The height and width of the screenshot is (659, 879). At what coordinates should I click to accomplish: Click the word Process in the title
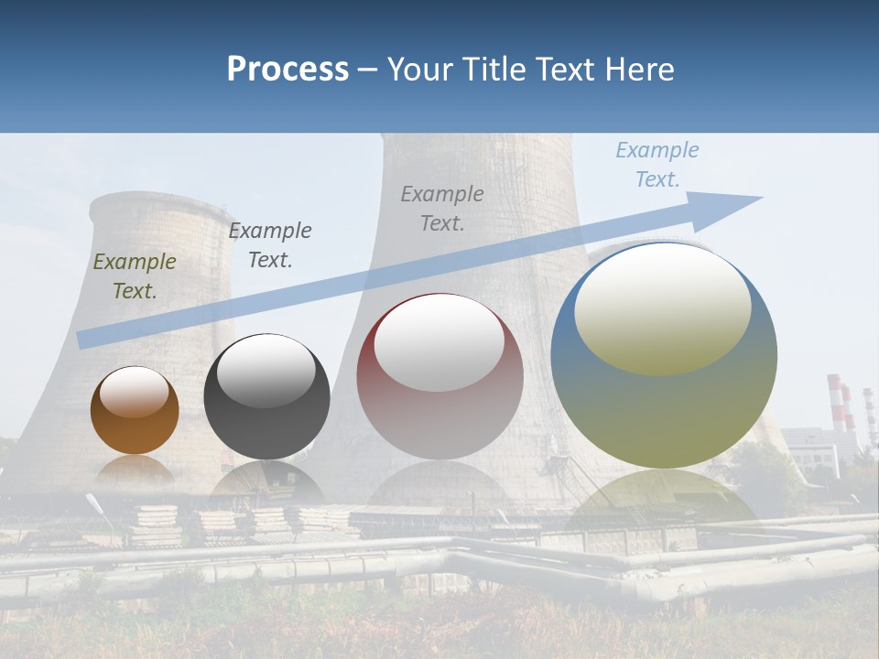(288, 70)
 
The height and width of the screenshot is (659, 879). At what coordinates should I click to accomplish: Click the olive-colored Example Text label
(135, 275)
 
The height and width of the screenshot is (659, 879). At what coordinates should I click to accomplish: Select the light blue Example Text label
(657, 164)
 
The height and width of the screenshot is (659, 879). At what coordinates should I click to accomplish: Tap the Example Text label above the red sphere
(442, 208)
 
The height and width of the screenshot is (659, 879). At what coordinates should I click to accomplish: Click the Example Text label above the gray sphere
(270, 244)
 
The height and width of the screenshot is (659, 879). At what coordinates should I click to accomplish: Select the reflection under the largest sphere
(664, 499)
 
